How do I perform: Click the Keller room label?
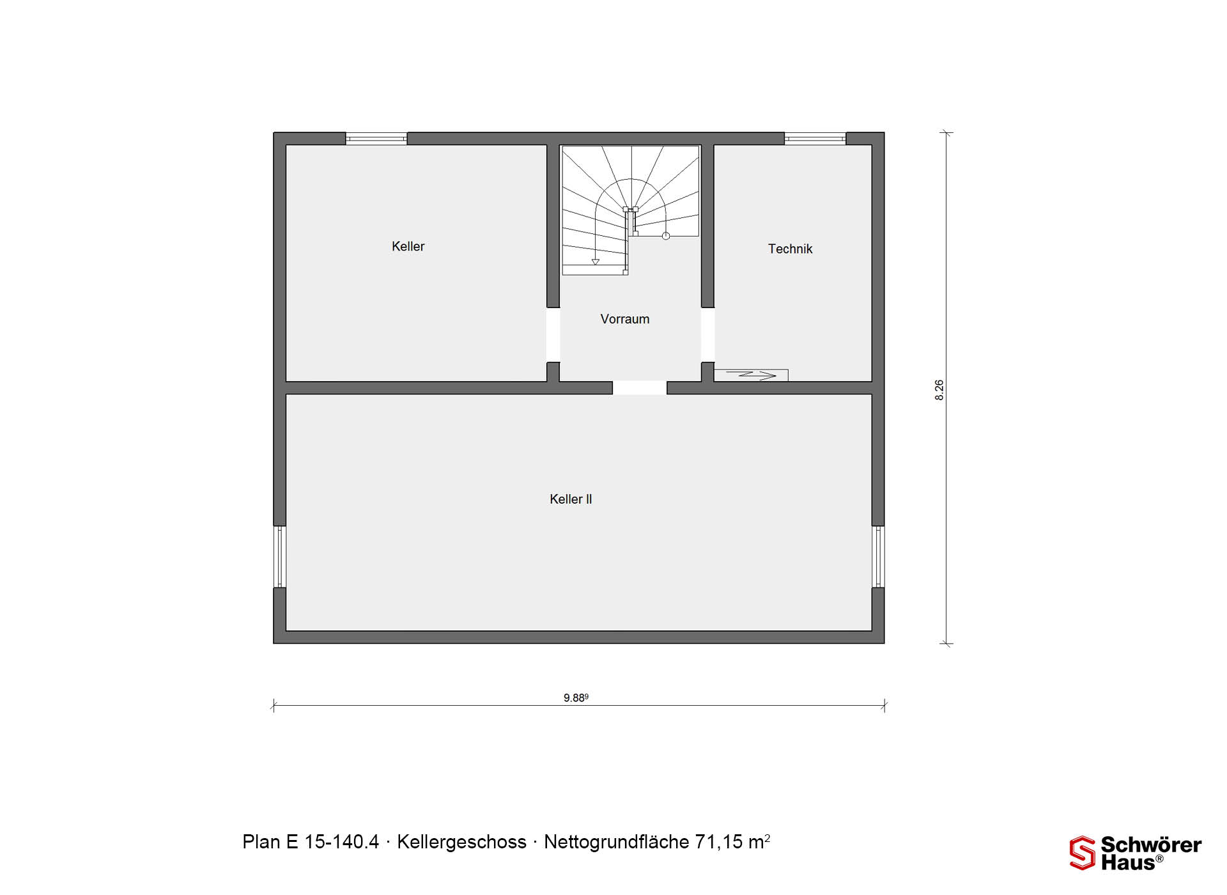(x=408, y=247)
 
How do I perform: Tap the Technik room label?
(x=790, y=249)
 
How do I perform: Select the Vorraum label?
(x=625, y=319)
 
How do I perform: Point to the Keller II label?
(x=571, y=499)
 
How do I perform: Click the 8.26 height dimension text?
(x=939, y=390)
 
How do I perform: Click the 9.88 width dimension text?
(x=576, y=697)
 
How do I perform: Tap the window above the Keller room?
(x=376, y=139)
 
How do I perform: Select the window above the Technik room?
(x=815, y=139)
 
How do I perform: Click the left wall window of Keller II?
(x=279, y=557)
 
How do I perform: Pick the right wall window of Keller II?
(x=879, y=557)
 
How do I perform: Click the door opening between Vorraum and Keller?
(x=553, y=335)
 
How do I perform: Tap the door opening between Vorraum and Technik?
(x=707, y=335)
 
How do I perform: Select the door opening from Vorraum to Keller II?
(x=640, y=388)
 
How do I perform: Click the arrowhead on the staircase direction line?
(x=595, y=262)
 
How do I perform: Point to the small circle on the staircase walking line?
(x=666, y=236)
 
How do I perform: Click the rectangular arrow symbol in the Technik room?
(x=751, y=375)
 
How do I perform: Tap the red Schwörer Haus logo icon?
(x=1083, y=853)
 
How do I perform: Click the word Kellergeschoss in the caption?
(x=461, y=843)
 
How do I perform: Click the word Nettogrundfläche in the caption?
(x=616, y=843)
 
